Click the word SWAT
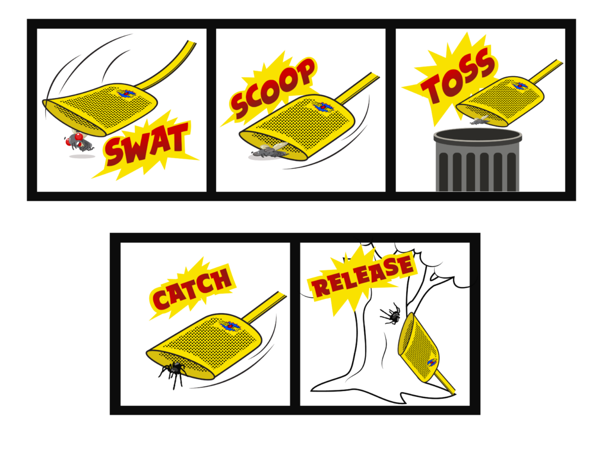[x=147, y=144]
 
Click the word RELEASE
[x=362, y=275]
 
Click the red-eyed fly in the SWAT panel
[x=79, y=142]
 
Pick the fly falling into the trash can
[x=480, y=120]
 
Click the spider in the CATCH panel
[x=173, y=373]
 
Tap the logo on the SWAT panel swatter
[x=126, y=93]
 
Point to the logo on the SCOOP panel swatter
[x=322, y=106]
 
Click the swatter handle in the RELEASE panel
[x=445, y=382]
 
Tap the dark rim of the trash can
[x=477, y=136]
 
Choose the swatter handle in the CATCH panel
[x=265, y=308]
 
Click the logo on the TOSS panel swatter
[x=520, y=86]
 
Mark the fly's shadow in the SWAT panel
[x=82, y=156]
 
